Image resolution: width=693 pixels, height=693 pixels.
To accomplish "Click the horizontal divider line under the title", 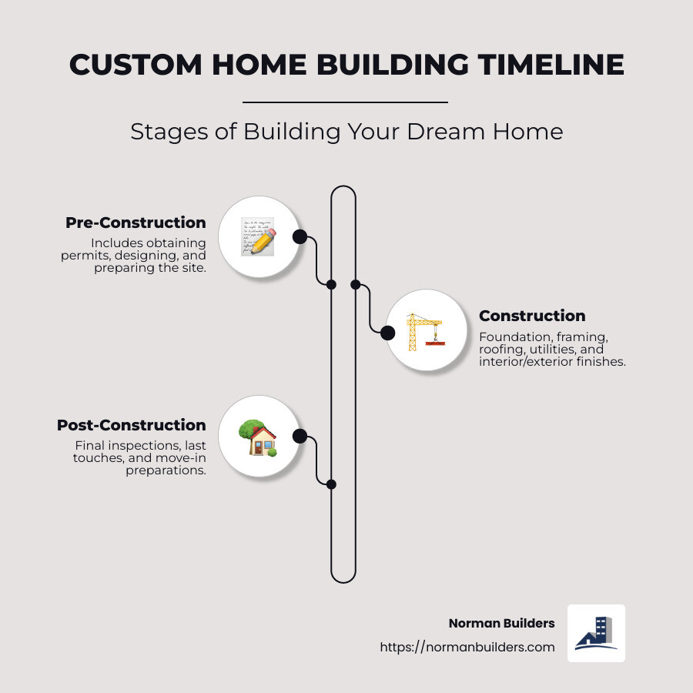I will point(345,102).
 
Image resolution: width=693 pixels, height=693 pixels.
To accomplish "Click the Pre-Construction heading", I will point(136,223).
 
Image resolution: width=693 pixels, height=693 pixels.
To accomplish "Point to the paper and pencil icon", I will point(257,236).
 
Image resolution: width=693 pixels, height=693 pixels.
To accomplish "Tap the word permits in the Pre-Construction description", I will point(84,256).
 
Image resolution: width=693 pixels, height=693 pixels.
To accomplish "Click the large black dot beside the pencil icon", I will point(300,236).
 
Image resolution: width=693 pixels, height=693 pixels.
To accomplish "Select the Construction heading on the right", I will point(532,316).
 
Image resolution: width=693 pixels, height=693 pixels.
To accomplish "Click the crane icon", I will point(425,331).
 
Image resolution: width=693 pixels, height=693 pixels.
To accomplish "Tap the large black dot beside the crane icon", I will point(387,333).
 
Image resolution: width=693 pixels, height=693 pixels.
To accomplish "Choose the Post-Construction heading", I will point(131,425).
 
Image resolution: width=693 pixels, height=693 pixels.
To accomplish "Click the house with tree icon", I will point(258,437).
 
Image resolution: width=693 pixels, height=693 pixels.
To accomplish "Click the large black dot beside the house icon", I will point(300,437).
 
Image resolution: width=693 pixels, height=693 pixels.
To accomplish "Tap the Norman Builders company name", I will point(501,623).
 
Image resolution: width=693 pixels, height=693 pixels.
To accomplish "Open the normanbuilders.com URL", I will point(467,647).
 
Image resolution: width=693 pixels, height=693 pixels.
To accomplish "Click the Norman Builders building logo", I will point(596,633).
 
